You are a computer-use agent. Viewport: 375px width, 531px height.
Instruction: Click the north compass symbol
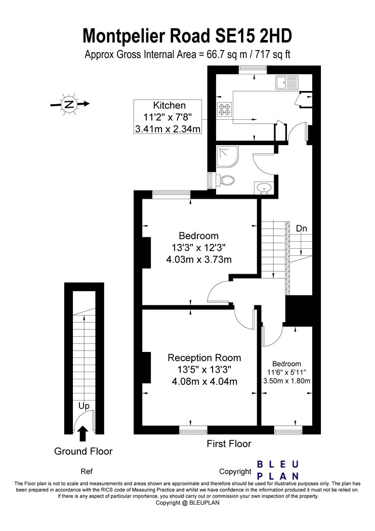click(69, 104)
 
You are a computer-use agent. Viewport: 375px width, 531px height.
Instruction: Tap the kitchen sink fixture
click(287, 82)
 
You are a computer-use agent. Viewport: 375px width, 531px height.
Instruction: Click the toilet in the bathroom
click(225, 180)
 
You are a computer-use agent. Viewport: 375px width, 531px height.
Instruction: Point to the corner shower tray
click(228, 157)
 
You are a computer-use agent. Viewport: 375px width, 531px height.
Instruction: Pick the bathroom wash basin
click(263, 188)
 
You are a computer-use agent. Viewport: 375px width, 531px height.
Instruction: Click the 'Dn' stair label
click(302, 229)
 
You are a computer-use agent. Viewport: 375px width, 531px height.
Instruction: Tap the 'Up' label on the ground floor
click(84, 406)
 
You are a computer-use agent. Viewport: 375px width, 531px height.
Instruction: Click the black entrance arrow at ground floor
click(83, 434)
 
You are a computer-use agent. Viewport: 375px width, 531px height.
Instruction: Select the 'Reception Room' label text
click(204, 358)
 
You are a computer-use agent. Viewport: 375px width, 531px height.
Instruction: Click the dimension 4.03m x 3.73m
click(199, 260)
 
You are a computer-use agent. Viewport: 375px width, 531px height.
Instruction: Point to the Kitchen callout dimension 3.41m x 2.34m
click(168, 129)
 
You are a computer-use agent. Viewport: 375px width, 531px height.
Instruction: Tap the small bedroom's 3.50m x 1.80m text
click(287, 381)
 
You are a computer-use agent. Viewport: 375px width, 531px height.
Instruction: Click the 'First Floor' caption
click(229, 444)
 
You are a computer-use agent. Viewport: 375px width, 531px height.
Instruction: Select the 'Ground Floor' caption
click(84, 452)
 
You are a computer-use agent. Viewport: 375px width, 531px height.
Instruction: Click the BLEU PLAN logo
click(277, 470)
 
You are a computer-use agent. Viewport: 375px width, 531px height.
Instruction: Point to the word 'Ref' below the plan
click(87, 471)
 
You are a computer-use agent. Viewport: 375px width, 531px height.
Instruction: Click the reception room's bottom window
click(193, 431)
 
